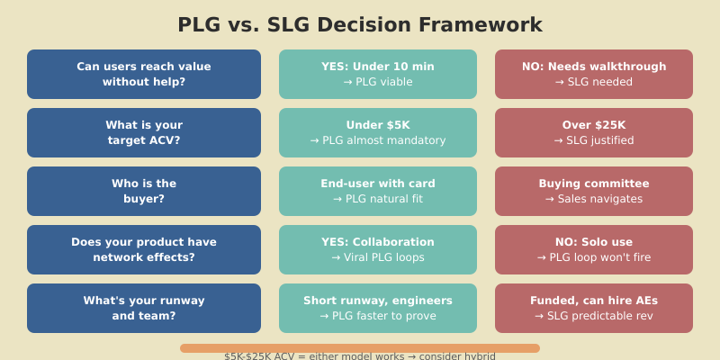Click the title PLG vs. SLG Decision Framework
(x=360, y=25)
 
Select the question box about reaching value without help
(x=144, y=74)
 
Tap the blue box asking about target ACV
(x=144, y=132)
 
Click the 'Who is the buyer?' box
(x=144, y=191)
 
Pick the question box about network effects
(x=144, y=249)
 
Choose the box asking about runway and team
(x=144, y=308)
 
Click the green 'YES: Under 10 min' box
(x=378, y=74)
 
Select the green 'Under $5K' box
(x=378, y=132)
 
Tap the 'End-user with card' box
(x=378, y=191)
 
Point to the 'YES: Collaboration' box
(x=378, y=249)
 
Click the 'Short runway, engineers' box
(x=378, y=308)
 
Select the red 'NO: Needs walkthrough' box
(x=594, y=74)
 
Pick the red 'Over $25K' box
(x=594, y=132)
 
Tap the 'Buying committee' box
(x=594, y=191)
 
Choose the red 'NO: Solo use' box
(x=594, y=249)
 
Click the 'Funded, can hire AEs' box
(x=594, y=308)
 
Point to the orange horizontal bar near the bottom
(x=360, y=348)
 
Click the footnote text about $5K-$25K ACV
(x=360, y=356)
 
